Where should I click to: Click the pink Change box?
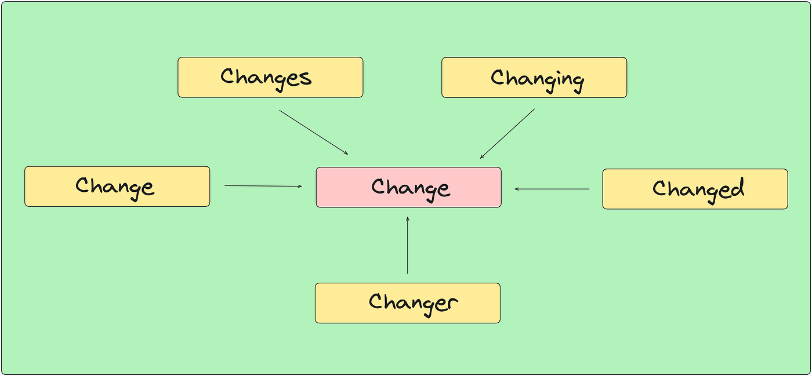408,187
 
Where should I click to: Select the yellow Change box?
117,186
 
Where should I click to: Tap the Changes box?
270,77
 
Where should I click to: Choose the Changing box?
534,78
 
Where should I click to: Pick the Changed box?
695,189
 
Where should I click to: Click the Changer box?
407,303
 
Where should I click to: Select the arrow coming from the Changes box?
314,132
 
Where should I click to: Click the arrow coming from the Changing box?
507,134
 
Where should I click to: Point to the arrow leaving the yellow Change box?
263,186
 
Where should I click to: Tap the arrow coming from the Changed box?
552,189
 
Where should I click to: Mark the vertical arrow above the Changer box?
407,245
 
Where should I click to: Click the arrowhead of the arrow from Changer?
407,218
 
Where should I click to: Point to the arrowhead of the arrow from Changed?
517,189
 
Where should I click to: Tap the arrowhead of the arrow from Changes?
346,153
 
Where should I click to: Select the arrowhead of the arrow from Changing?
482,157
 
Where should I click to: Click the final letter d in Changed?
737,187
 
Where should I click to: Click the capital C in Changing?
498,77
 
